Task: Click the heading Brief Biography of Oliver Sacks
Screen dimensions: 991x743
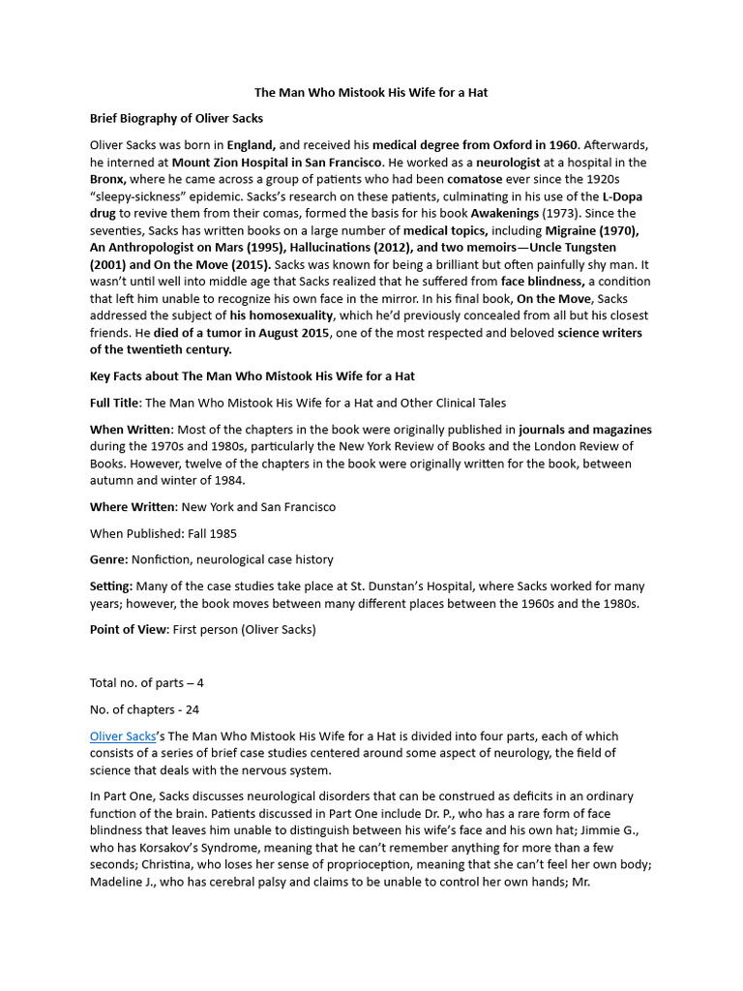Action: [176, 118]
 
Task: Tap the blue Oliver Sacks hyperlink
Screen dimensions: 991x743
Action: [123, 736]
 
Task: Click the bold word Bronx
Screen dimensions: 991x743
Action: [108, 179]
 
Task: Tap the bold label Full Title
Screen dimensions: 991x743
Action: [114, 403]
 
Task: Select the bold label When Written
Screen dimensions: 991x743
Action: [132, 429]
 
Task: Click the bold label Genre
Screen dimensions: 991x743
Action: [110, 559]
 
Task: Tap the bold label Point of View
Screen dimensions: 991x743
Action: [130, 629]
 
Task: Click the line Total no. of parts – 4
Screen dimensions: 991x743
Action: [147, 683]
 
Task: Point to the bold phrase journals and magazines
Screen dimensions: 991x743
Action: [585, 429]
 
